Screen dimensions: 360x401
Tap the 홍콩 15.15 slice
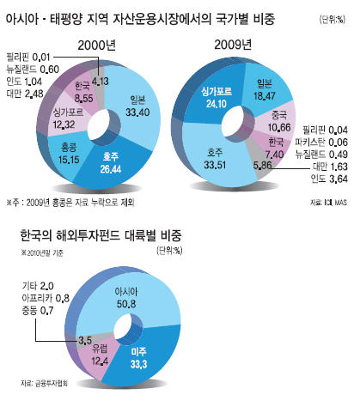click(69, 155)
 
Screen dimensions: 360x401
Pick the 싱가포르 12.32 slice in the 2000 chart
click(67, 118)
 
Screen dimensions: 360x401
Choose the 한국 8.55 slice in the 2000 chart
click(83, 93)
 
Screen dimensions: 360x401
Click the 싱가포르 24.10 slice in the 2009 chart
click(217, 97)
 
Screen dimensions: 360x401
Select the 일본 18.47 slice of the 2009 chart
click(265, 88)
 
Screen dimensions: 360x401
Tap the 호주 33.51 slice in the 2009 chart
click(215, 159)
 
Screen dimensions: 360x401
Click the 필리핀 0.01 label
click(28, 58)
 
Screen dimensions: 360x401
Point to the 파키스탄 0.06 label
click(321, 143)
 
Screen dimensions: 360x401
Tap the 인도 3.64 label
click(329, 179)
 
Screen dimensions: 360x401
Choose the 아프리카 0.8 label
click(46, 298)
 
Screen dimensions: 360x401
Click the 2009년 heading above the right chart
click(233, 45)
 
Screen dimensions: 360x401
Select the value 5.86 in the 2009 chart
click(262, 166)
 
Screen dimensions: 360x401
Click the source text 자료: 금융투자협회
click(44, 383)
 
